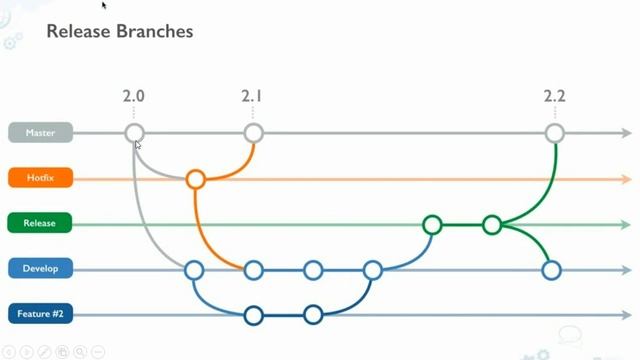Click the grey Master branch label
click(x=41, y=132)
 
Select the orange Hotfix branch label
click(x=41, y=178)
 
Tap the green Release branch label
click(x=41, y=224)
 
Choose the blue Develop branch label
click(x=41, y=269)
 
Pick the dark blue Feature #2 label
click(x=41, y=315)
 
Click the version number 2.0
click(x=134, y=97)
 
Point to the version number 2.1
click(x=252, y=97)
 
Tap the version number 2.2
click(x=555, y=97)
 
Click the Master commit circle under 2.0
click(x=134, y=133)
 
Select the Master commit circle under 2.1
click(x=253, y=133)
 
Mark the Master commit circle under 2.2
click(x=555, y=133)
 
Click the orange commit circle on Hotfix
click(x=196, y=180)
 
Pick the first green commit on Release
click(x=432, y=225)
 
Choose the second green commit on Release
click(x=492, y=225)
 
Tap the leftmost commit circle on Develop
click(x=194, y=270)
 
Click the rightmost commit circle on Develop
click(x=551, y=270)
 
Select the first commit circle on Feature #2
click(x=253, y=316)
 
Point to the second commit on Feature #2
click(x=313, y=316)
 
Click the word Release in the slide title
click(x=78, y=32)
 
